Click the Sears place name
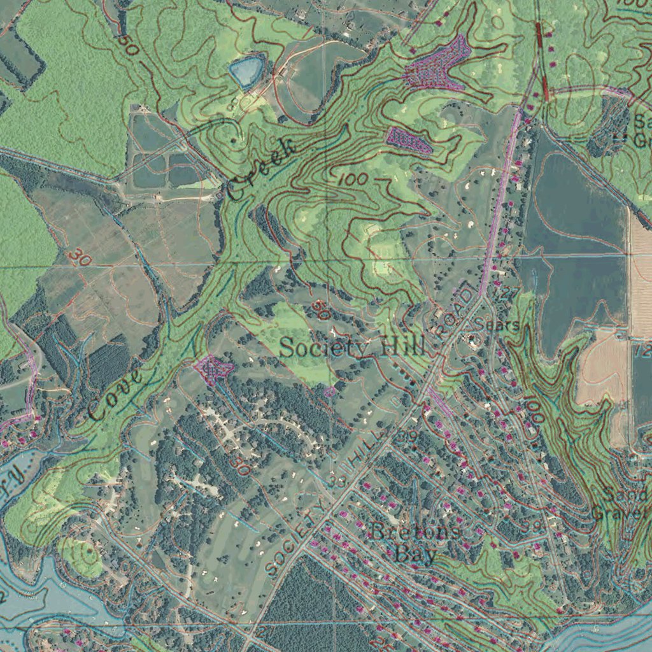coord(497,325)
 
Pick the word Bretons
coord(416,530)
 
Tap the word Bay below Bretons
coord(415,553)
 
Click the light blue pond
coord(247,70)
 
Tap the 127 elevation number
coord(506,294)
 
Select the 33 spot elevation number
coord(338,481)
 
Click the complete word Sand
coord(627,495)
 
